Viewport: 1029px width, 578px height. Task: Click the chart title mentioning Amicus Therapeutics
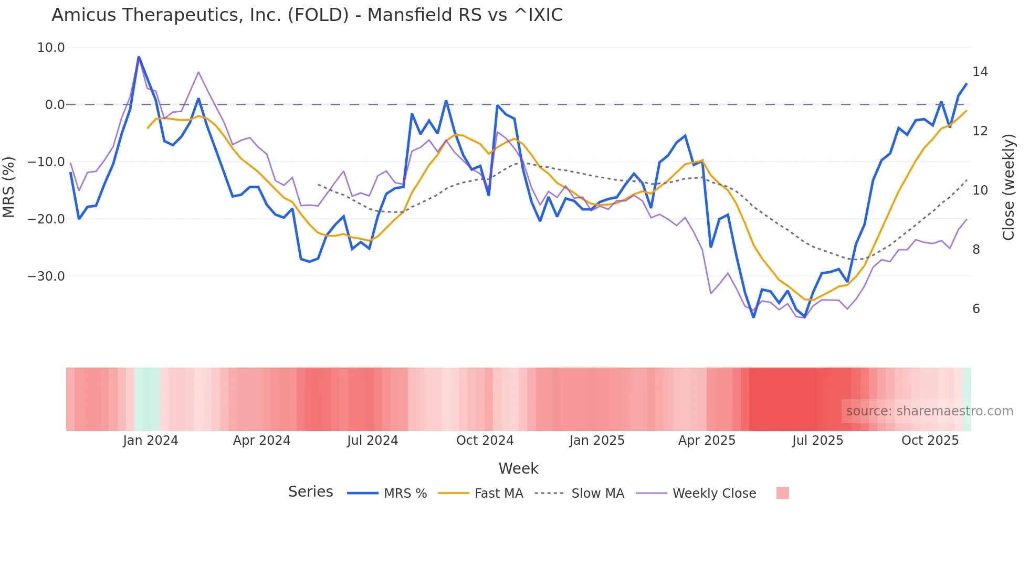coord(307,15)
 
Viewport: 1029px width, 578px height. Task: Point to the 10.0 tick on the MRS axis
coord(51,48)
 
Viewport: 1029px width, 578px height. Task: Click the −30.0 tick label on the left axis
coord(46,276)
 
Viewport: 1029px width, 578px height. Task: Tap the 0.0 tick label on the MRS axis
coord(55,105)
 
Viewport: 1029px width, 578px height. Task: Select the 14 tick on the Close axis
coord(980,72)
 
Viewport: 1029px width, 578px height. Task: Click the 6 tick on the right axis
coord(976,309)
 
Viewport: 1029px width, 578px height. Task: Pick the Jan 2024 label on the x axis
coord(151,441)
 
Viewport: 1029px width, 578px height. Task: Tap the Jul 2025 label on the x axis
coord(817,441)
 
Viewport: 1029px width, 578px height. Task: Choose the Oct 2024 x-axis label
coord(485,441)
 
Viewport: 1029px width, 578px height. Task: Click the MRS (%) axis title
coord(9,187)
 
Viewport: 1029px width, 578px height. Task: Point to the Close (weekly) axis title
coord(1009,187)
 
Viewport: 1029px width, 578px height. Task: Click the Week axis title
coord(518,468)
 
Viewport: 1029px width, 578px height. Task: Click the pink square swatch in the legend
coord(782,493)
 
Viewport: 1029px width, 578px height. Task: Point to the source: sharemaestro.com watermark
coord(929,411)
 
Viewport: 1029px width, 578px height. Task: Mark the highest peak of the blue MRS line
coord(139,57)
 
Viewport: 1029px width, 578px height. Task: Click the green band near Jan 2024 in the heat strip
coord(147,399)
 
